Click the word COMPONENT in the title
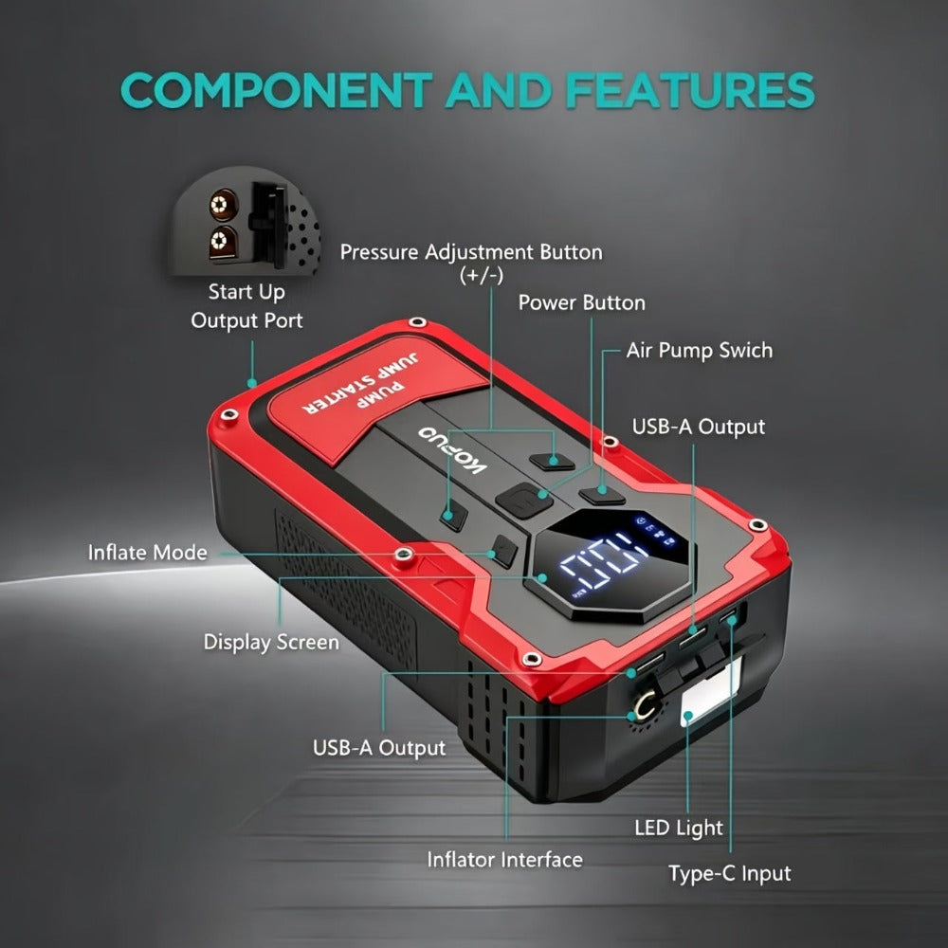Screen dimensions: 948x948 pyautogui.click(x=277, y=90)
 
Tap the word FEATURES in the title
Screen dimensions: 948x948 pyautogui.click(x=690, y=90)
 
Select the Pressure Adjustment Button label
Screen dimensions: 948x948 pyautogui.click(x=471, y=263)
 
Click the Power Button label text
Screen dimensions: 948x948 pyautogui.click(x=582, y=302)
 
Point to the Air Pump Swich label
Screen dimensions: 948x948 pyautogui.click(x=699, y=350)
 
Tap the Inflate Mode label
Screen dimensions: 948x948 pyautogui.click(x=148, y=552)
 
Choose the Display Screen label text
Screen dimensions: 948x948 pyautogui.click(x=271, y=642)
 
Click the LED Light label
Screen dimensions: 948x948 pyautogui.click(x=679, y=828)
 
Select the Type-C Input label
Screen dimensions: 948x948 pyautogui.click(x=729, y=873)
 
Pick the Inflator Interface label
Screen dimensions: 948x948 pyautogui.click(x=505, y=859)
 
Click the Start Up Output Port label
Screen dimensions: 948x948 pyautogui.click(x=246, y=306)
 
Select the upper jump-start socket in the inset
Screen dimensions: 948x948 pyautogui.click(x=223, y=205)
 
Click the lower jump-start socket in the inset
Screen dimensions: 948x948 pyautogui.click(x=221, y=242)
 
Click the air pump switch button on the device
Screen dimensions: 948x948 pyautogui.click(x=602, y=494)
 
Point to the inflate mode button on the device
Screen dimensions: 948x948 pyautogui.click(x=504, y=552)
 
